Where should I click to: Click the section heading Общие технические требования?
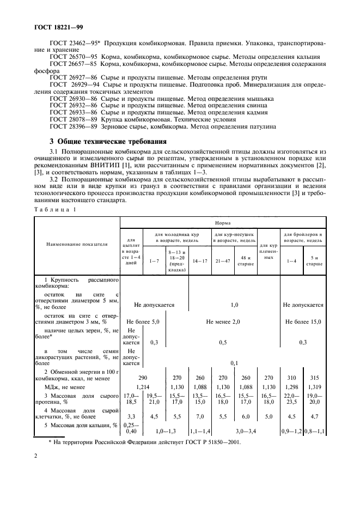tap(104, 141)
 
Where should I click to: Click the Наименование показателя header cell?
tap(77, 245)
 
